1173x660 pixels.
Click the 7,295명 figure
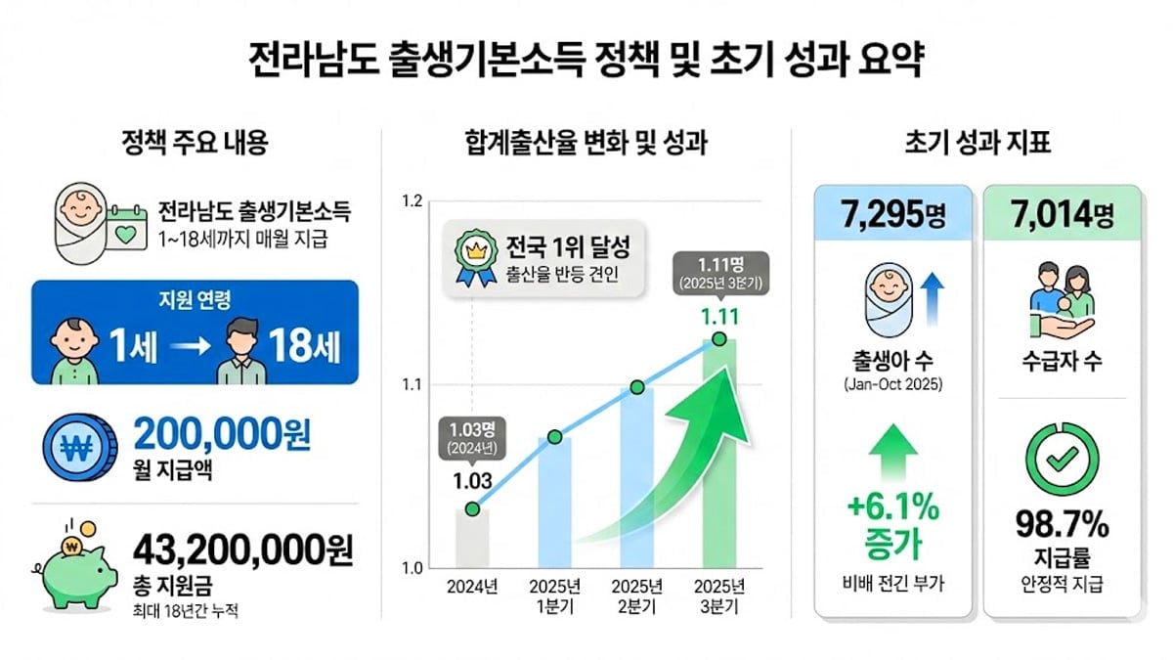(891, 212)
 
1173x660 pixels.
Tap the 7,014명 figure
(1061, 212)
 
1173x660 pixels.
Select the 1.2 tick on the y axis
(412, 202)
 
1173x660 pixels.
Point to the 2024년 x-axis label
(472, 588)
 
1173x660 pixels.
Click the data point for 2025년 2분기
(637, 387)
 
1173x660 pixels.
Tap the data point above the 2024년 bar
(472, 508)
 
